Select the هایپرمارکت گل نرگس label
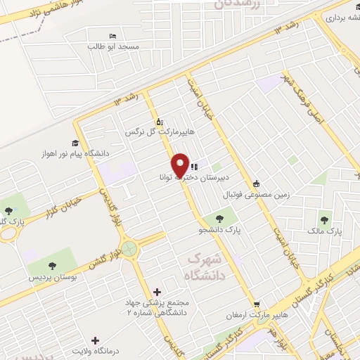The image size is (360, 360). pyautogui.click(x=158, y=131)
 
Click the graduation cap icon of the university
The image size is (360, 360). pyautogui.click(x=72, y=141)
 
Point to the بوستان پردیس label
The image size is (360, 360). pyautogui.click(x=52, y=278)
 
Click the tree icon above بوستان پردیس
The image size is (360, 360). pyautogui.click(x=52, y=266)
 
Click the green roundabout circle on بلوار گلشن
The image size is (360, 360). pyautogui.click(x=129, y=248)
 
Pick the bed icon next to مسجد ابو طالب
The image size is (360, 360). pyautogui.click(x=112, y=36)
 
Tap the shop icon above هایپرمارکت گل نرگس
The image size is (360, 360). pyautogui.click(x=159, y=121)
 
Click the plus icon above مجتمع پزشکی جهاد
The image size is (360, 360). pyautogui.click(x=156, y=291)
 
